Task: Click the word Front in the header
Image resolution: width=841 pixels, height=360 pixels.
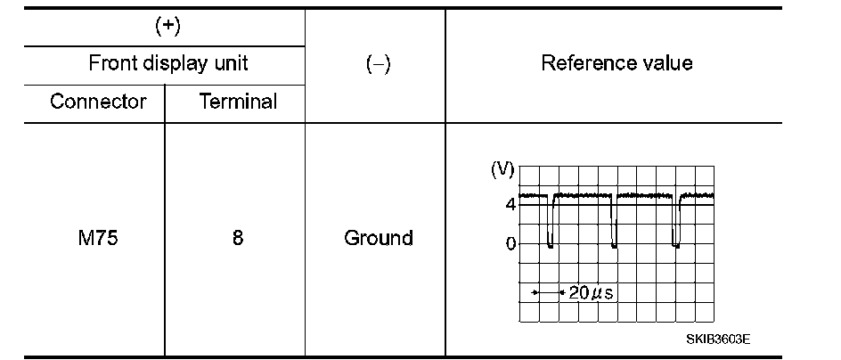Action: click(113, 63)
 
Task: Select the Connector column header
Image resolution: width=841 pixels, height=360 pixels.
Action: click(98, 102)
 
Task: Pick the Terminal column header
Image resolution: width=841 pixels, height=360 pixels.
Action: click(238, 102)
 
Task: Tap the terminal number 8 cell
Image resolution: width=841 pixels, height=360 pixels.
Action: click(238, 239)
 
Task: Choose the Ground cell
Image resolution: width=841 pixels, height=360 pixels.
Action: click(379, 239)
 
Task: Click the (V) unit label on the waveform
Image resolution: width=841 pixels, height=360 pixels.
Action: click(502, 170)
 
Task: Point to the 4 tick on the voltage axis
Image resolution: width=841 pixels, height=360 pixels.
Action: click(510, 205)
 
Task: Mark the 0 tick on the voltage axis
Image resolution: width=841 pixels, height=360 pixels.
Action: click(510, 243)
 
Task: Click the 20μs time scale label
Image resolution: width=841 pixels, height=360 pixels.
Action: click(587, 292)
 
